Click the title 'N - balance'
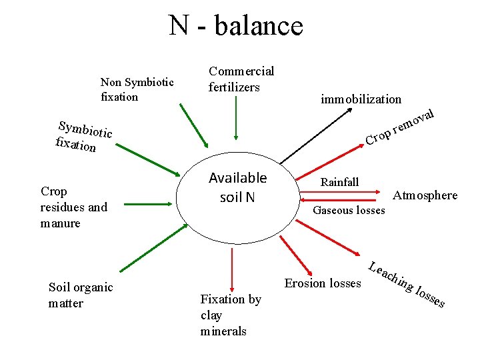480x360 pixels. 236,26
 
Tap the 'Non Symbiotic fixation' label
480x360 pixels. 137,89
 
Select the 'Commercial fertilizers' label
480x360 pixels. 241,79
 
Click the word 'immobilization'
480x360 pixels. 361,99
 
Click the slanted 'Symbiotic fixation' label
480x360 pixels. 83,136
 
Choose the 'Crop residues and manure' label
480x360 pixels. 73,207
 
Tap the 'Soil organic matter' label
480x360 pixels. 81,295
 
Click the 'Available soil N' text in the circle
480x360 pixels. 237,187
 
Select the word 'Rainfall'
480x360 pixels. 339,182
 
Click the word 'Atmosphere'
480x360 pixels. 425,195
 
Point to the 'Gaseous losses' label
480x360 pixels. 349,211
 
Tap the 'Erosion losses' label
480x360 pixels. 323,283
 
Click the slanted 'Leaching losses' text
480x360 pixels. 407,284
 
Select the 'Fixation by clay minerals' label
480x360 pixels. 231,315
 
